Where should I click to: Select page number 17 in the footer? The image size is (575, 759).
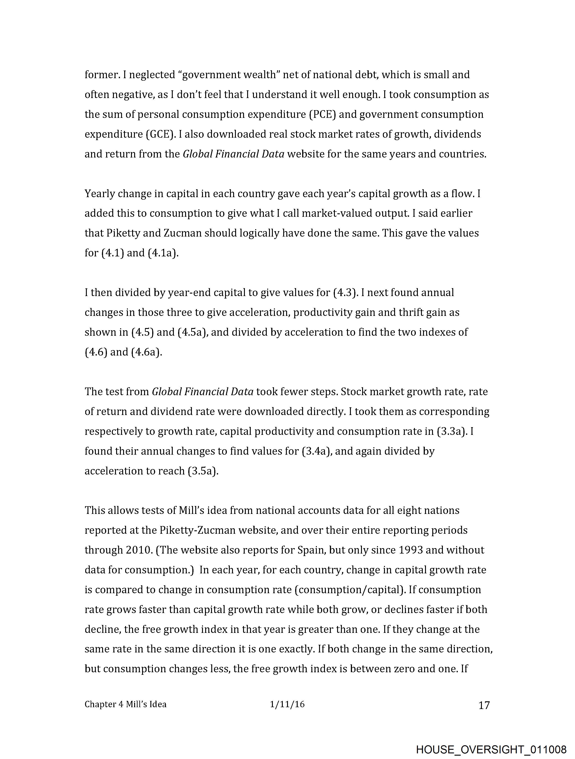[x=484, y=705]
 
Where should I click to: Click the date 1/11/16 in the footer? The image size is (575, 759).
[x=287, y=704]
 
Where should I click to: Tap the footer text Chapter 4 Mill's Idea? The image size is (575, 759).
[x=125, y=705]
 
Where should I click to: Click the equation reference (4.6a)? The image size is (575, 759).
[x=147, y=352]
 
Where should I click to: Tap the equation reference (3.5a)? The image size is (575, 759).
[x=203, y=471]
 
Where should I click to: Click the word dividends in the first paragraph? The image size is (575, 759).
[x=457, y=134]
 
